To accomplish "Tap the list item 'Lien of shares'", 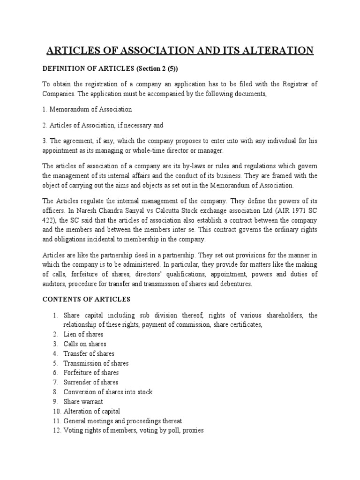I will click(x=83, y=334).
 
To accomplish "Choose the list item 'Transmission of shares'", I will click(x=96, y=363).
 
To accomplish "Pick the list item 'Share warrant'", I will click(x=83, y=402).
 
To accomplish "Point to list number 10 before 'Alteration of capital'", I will click(x=56, y=411).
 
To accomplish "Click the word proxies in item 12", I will click(x=192, y=430).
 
